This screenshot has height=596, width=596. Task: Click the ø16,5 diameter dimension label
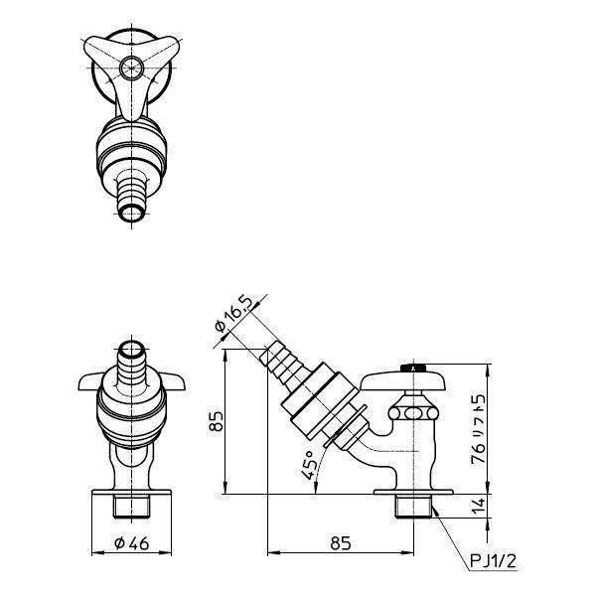coord(233,314)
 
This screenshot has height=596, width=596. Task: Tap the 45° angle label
coord(308,465)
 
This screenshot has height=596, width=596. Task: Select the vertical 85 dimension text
coord(216,421)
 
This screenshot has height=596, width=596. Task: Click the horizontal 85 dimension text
coord(341,543)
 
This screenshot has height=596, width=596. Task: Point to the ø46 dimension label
coord(132,543)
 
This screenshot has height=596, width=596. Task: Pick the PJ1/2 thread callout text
coord(494,560)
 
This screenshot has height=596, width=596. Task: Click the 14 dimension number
coord(479,506)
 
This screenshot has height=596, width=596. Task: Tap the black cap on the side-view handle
coord(414,368)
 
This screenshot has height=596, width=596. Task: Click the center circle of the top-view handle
coord(132,68)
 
